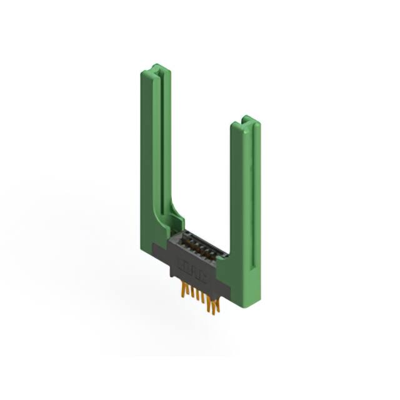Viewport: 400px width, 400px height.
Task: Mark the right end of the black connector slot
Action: click(220, 254)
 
